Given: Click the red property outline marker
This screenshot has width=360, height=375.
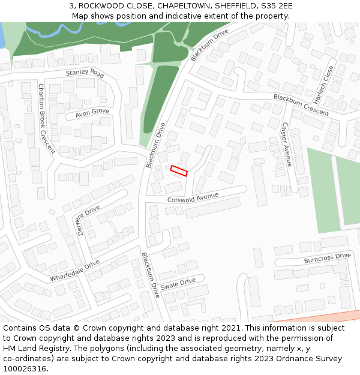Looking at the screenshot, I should [179, 170].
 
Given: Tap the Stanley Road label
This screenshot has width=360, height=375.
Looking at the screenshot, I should [85, 73].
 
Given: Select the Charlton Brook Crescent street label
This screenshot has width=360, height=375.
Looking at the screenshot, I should [46, 118].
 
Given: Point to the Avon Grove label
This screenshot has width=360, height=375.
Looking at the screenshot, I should [92, 113].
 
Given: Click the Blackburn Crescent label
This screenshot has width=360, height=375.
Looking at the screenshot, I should [301, 105].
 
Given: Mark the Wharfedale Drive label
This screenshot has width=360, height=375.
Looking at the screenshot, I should [74, 271].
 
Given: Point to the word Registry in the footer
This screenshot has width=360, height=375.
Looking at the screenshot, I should [58, 349].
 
